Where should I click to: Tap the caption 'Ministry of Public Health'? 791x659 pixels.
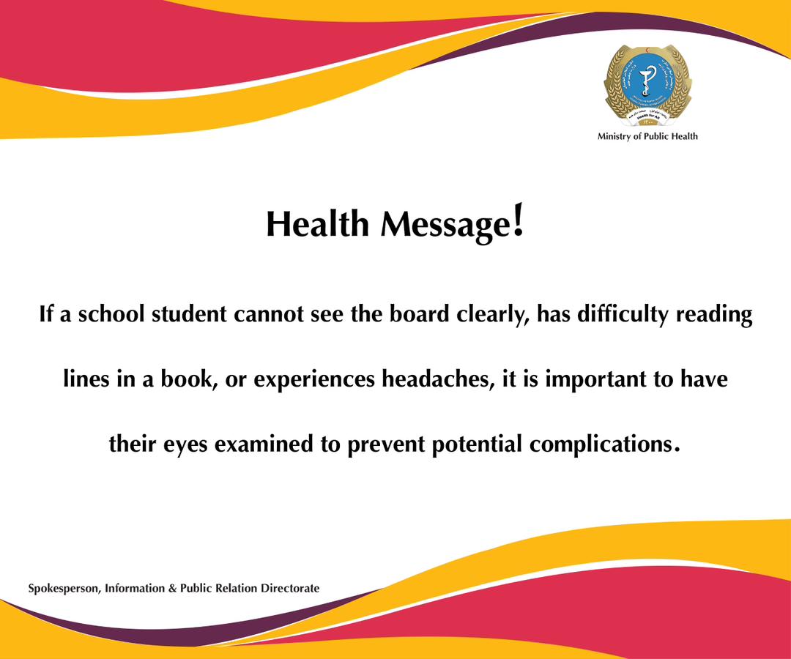tap(647, 136)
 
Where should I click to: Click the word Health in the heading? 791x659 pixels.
tap(316, 224)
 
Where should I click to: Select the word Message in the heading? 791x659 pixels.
tap(444, 226)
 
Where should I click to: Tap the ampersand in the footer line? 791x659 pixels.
tap(173, 588)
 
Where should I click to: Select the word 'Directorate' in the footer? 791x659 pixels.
tap(290, 588)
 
